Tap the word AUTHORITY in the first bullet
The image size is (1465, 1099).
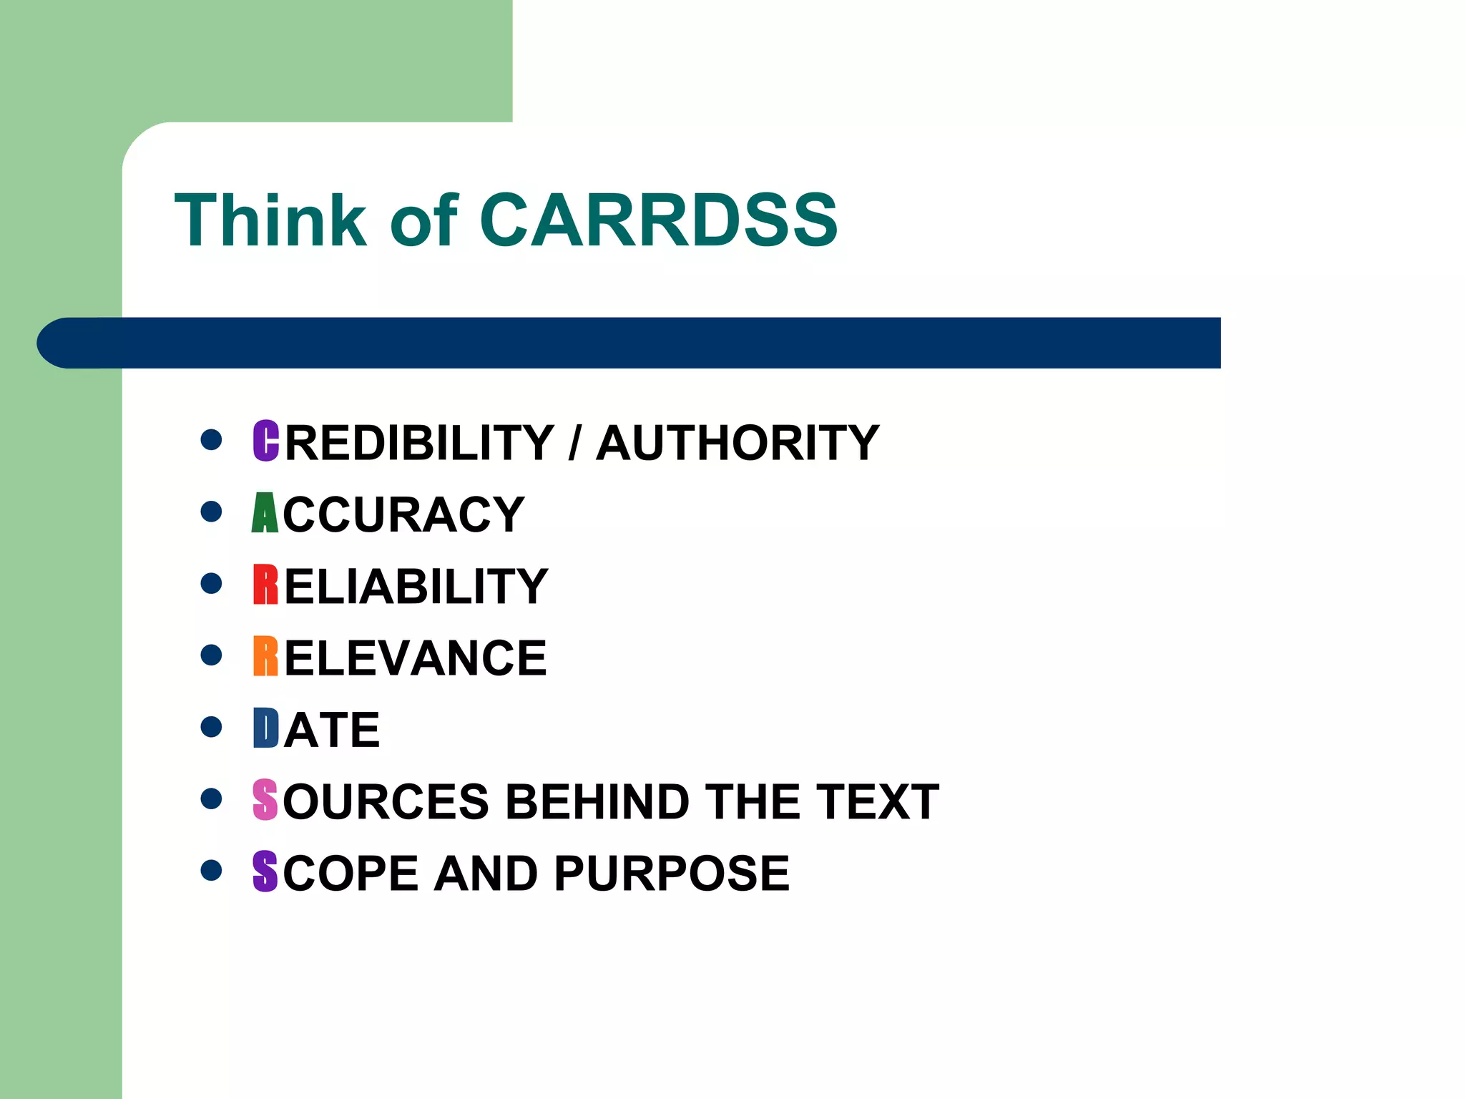click(738, 443)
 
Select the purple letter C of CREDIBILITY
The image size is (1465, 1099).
click(265, 441)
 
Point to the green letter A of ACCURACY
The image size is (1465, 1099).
click(265, 513)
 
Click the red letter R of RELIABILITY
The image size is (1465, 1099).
click(265, 585)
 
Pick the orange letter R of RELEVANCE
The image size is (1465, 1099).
click(265, 656)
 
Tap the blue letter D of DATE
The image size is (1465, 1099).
click(265, 728)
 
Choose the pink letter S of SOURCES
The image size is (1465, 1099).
click(265, 800)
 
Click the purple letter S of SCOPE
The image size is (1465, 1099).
click(265, 871)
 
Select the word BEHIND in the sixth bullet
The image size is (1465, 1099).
click(597, 801)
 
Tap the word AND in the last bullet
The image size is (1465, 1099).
click(486, 874)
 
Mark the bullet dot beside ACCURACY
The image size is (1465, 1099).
click(211, 512)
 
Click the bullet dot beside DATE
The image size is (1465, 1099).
click(211, 727)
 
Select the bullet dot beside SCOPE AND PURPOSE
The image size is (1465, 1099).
click(211, 870)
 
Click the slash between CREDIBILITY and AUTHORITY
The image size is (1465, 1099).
click(574, 443)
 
